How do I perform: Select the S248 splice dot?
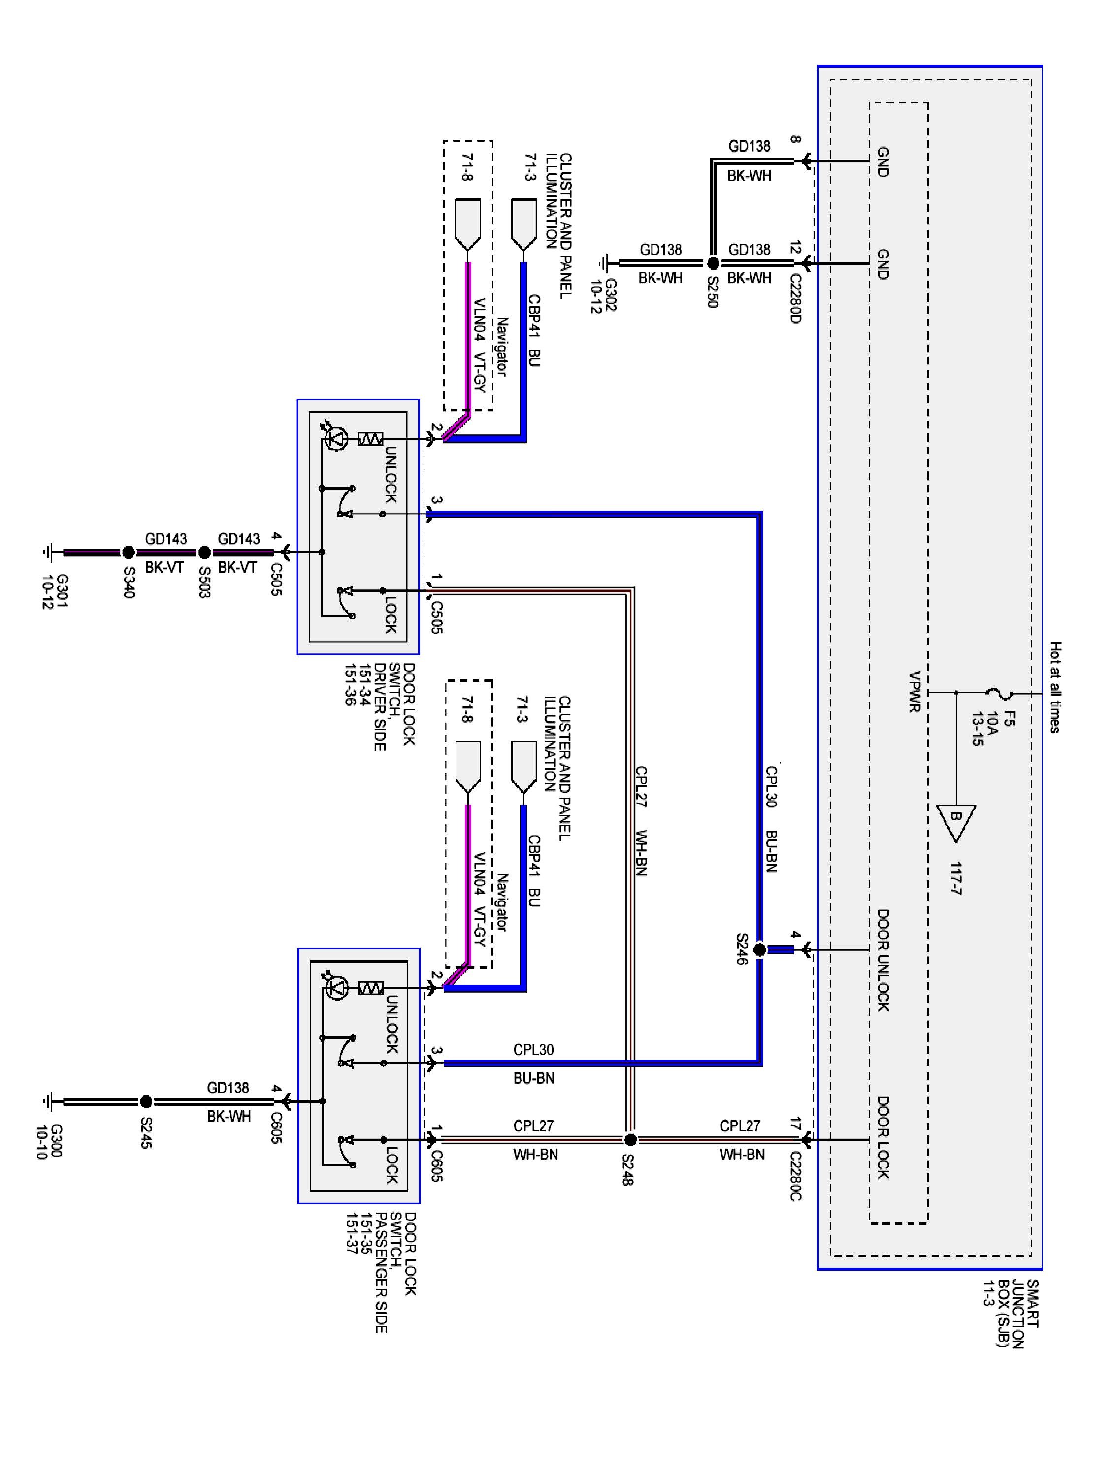(x=630, y=1139)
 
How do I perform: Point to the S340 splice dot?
(x=128, y=552)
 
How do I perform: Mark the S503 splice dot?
(x=204, y=552)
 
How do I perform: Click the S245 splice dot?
(x=146, y=1101)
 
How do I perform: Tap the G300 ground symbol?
(x=48, y=1101)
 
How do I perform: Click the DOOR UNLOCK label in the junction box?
(x=882, y=960)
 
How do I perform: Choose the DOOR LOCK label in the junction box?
(x=882, y=1137)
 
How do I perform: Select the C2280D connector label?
(x=795, y=298)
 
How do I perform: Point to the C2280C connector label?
(x=795, y=1176)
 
